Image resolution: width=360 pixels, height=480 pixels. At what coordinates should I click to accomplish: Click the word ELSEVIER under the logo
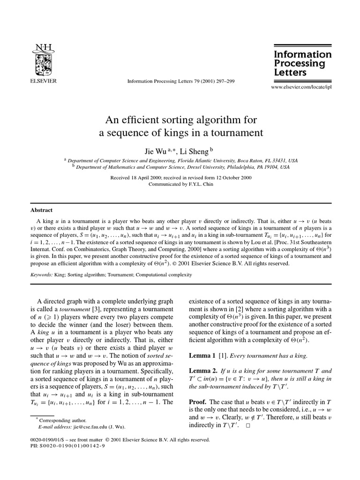tap(43, 81)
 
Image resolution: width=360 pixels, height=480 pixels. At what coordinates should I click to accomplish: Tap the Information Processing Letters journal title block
tap(302, 63)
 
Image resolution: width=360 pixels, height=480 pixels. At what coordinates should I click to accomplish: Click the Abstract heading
tap(41, 210)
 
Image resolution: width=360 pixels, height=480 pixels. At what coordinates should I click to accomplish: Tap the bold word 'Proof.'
tap(198, 402)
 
